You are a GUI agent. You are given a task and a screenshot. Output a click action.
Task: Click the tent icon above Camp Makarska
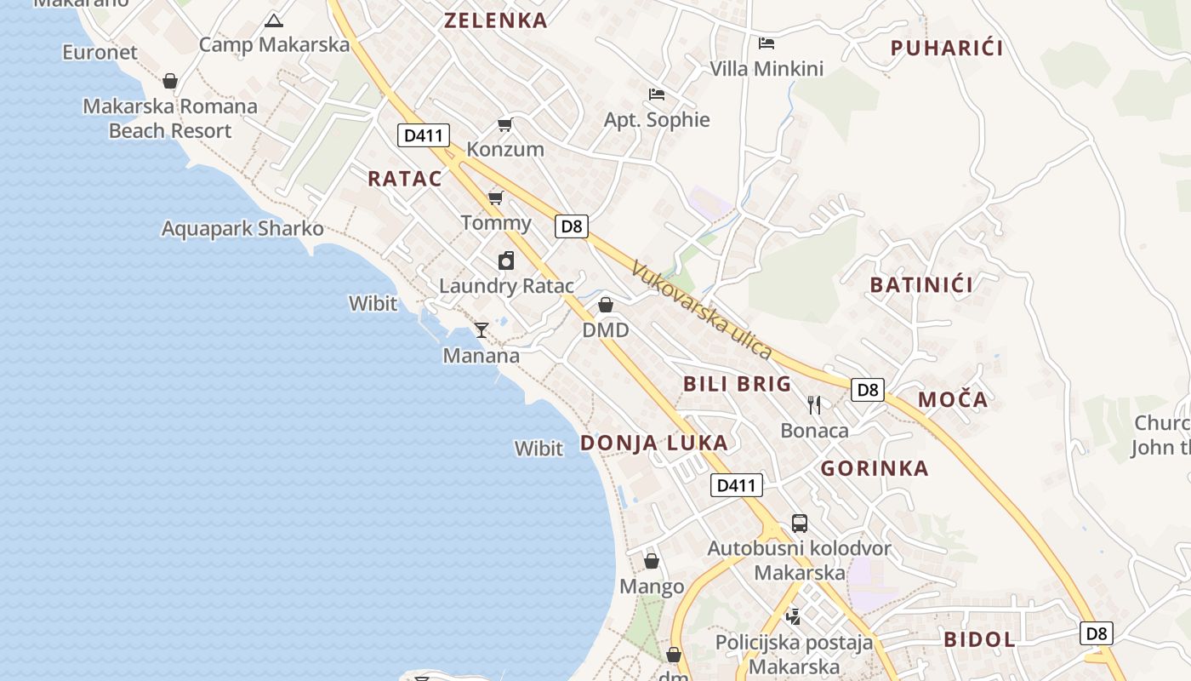[x=273, y=20]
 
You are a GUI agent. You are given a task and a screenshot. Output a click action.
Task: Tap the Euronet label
[x=100, y=52]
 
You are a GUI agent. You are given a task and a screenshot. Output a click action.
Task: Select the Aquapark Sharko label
[x=242, y=228]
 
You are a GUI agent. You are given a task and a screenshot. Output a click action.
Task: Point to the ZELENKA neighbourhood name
[x=495, y=21]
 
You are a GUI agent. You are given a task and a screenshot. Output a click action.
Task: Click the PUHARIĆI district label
[x=947, y=49]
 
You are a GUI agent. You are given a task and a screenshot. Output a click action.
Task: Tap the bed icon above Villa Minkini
[x=766, y=43]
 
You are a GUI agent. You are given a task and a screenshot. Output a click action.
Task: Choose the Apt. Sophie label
[x=657, y=120]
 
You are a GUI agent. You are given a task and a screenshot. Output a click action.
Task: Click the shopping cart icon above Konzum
[x=505, y=125]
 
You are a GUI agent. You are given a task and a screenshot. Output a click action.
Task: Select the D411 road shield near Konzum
[x=423, y=134]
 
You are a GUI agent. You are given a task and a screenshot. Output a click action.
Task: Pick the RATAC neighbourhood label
[x=405, y=179]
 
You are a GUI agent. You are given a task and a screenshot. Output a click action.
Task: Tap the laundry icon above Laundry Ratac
[x=506, y=260]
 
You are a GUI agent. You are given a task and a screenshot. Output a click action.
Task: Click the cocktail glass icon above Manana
[x=482, y=329]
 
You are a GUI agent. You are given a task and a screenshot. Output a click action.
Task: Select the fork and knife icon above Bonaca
[x=814, y=404]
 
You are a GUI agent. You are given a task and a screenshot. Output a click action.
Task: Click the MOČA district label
[x=953, y=399]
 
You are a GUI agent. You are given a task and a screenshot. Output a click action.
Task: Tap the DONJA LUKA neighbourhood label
[x=653, y=443]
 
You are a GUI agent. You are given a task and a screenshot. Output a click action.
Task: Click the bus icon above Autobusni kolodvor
[x=799, y=523]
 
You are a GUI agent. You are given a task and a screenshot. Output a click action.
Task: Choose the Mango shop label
[x=652, y=587]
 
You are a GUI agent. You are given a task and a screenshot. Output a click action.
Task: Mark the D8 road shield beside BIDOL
[x=1097, y=632]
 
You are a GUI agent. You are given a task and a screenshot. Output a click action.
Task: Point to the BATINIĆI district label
[x=921, y=285]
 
